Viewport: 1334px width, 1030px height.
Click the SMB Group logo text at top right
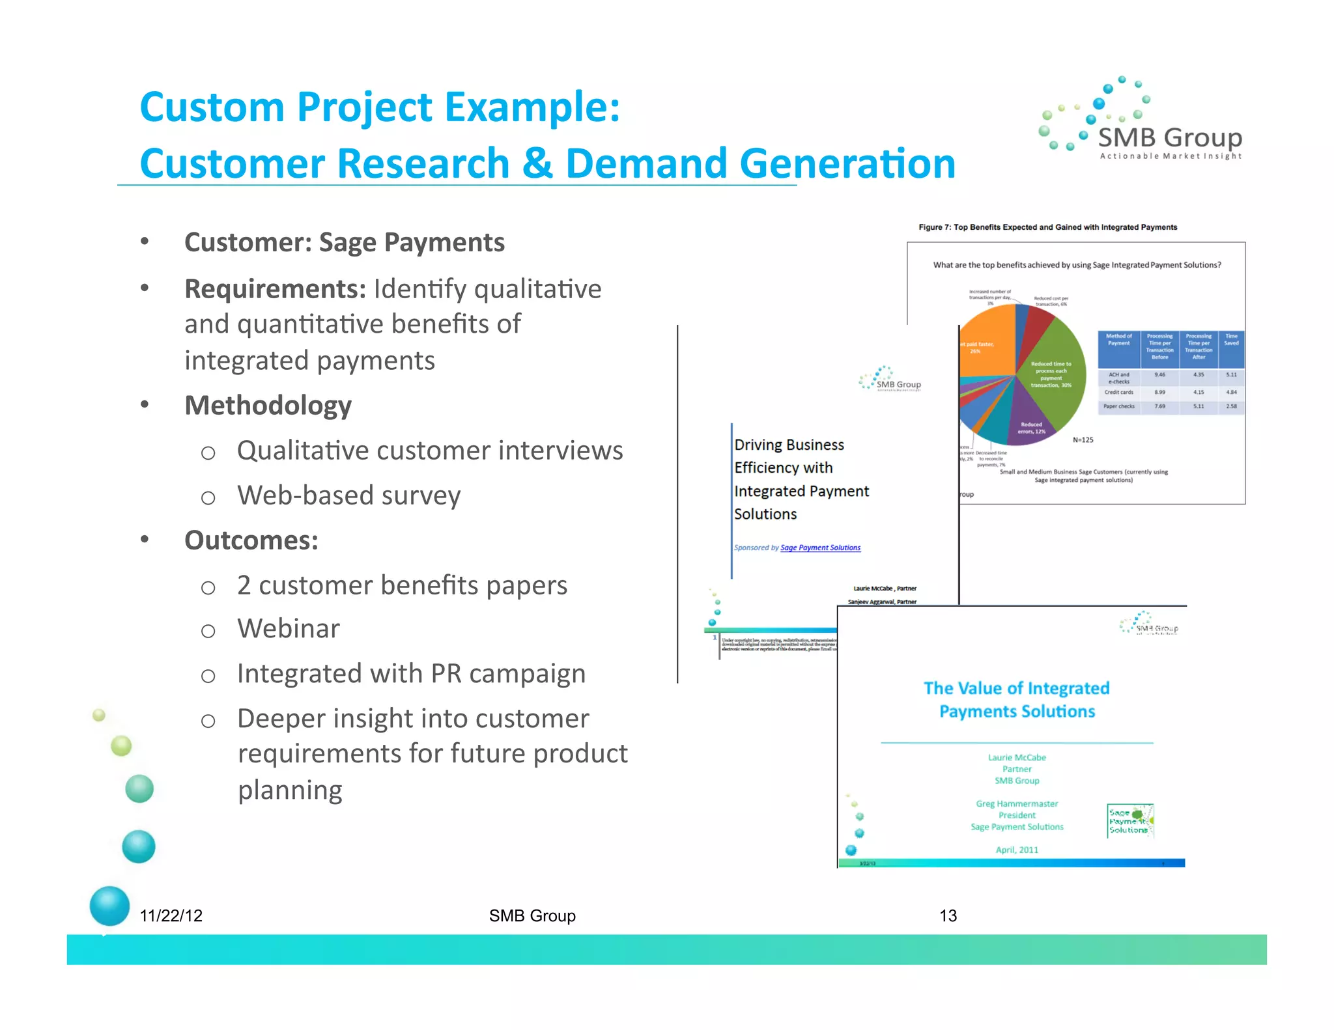(1170, 138)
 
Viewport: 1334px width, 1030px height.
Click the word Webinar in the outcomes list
(289, 629)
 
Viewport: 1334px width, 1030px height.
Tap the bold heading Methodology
(268, 406)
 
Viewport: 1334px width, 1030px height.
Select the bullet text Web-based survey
(348, 495)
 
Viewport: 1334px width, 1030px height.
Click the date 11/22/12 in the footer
(171, 915)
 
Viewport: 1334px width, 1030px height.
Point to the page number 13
(948, 915)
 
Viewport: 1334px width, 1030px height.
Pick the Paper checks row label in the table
(1118, 406)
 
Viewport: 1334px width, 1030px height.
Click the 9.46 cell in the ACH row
(1159, 375)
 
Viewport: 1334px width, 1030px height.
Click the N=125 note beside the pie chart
(1083, 440)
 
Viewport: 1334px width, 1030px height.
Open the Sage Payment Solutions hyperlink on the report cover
(820, 548)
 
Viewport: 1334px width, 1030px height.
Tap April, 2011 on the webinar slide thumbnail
(1017, 850)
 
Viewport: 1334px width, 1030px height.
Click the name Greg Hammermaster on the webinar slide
(1017, 804)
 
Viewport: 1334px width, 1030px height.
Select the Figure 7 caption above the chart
(1047, 227)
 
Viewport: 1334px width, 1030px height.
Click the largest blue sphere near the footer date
(109, 906)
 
